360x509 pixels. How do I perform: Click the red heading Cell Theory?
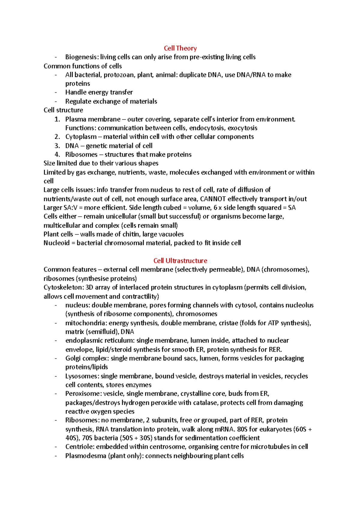tap(180, 48)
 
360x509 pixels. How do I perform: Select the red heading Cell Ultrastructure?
tap(180, 261)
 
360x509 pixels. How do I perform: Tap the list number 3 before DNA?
tap(57, 146)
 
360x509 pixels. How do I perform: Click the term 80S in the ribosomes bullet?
tap(242, 429)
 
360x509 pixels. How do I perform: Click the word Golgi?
tap(73, 359)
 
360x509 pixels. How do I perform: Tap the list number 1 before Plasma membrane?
tap(57, 119)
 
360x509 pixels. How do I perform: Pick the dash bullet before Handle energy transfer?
tap(56, 93)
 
